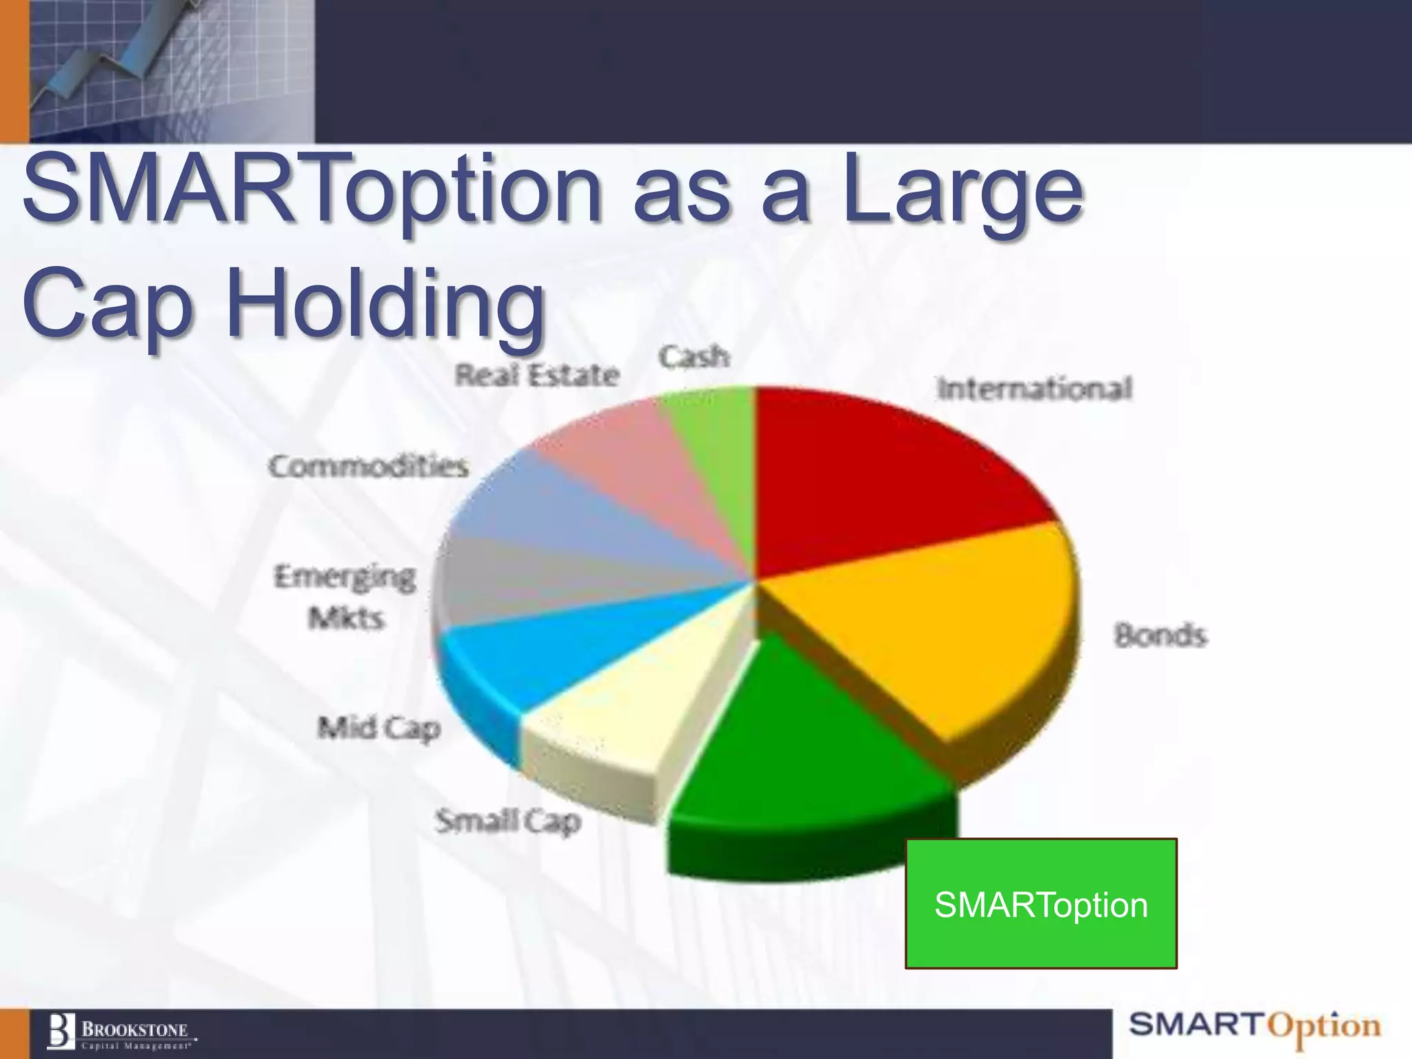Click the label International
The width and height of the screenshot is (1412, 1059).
click(1034, 388)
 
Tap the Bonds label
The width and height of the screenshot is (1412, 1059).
click(1160, 634)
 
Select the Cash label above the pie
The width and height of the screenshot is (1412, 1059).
click(694, 357)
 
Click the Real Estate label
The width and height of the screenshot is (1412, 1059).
click(537, 375)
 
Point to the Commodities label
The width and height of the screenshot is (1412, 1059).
click(369, 467)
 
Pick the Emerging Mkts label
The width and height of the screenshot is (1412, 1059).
click(345, 596)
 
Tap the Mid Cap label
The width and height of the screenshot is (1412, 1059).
click(379, 728)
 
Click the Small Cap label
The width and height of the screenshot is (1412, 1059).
click(508, 821)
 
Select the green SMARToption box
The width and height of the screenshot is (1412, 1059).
click(1040, 904)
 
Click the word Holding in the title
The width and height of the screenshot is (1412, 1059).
click(386, 303)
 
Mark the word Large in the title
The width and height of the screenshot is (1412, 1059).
click(962, 190)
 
